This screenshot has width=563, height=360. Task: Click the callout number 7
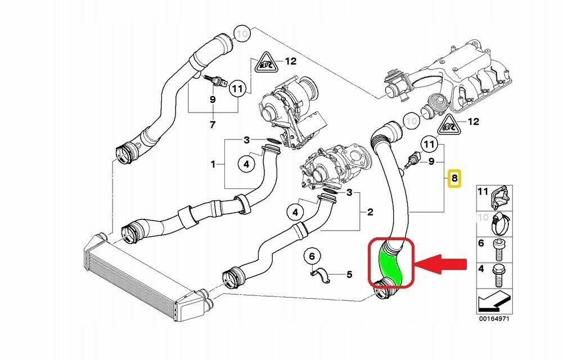[x=212, y=124]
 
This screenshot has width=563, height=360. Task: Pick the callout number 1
[x=213, y=164]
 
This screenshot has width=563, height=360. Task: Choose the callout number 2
[x=370, y=212]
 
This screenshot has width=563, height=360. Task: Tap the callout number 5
[x=349, y=274]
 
